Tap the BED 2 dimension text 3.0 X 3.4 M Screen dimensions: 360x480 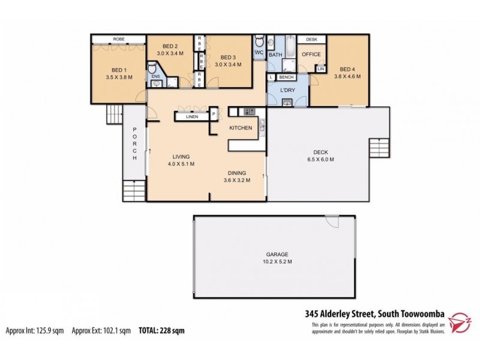tap(170, 54)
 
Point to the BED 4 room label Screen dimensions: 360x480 tap(347, 68)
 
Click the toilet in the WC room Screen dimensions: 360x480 tap(259, 41)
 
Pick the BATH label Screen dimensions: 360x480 tap(275, 55)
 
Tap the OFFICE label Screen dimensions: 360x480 tap(311, 55)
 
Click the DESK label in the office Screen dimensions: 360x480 tap(311, 40)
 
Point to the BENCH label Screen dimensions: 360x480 tap(286, 77)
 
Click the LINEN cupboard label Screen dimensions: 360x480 tap(192, 116)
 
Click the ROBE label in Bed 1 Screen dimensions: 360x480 tap(116, 40)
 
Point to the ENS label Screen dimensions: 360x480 tap(155, 76)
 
